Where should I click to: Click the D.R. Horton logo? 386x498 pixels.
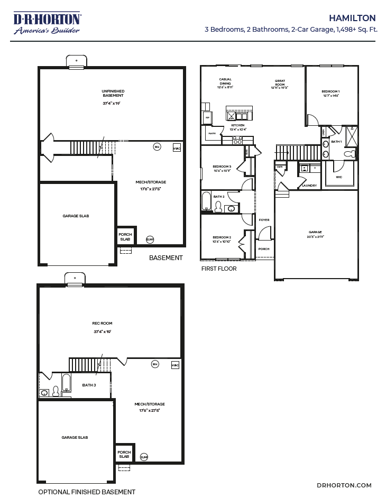click(47, 23)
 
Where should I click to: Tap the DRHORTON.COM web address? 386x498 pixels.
click(344, 485)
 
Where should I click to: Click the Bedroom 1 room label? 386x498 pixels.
click(330, 94)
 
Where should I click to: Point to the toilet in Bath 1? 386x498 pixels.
click(350, 154)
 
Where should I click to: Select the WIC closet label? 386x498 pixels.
click(339, 177)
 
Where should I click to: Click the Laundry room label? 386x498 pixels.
click(310, 186)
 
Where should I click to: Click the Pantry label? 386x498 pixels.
click(212, 134)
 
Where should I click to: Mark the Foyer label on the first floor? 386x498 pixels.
click(264, 220)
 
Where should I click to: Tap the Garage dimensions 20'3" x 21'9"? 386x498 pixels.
click(316, 236)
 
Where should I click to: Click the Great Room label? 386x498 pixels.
click(280, 83)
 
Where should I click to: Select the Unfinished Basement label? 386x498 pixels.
click(113, 93)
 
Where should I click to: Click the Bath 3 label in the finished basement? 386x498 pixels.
click(89, 385)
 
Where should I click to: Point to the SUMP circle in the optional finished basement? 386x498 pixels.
click(144, 457)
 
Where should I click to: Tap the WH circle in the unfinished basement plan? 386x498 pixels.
click(157, 146)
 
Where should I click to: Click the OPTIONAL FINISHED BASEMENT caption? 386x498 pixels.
click(87, 492)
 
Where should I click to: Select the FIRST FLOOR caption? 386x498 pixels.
click(218, 269)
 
